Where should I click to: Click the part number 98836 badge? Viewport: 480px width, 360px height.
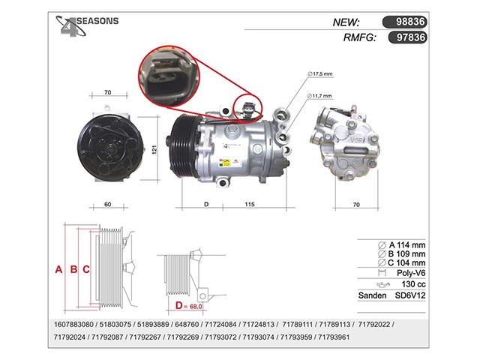(405, 22)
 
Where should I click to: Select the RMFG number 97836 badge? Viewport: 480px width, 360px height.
(407, 37)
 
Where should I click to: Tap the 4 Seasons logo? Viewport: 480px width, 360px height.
(87, 25)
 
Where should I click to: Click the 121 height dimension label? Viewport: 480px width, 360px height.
(154, 149)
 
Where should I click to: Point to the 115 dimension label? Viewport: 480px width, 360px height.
(250, 204)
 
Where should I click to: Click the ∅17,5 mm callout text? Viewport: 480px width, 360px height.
(320, 73)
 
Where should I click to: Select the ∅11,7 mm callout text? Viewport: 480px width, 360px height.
(319, 96)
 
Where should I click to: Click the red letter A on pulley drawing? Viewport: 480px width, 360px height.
(58, 269)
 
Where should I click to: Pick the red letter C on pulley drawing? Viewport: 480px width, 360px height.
(86, 269)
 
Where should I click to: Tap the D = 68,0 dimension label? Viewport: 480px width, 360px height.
(188, 305)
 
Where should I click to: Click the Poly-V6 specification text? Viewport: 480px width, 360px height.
(411, 273)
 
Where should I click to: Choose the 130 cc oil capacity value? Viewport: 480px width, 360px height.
(413, 284)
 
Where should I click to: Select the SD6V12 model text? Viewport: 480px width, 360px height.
(410, 295)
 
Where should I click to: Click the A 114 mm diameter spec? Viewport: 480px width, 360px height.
(402, 245)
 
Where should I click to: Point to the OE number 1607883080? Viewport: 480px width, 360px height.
(73, 325)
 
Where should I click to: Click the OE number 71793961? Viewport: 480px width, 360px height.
(334, 337)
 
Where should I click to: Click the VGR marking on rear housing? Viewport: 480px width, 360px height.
(357, 140)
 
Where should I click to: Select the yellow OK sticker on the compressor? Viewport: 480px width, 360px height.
(225, 162)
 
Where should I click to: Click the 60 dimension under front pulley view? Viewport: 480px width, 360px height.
(108, 204)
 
